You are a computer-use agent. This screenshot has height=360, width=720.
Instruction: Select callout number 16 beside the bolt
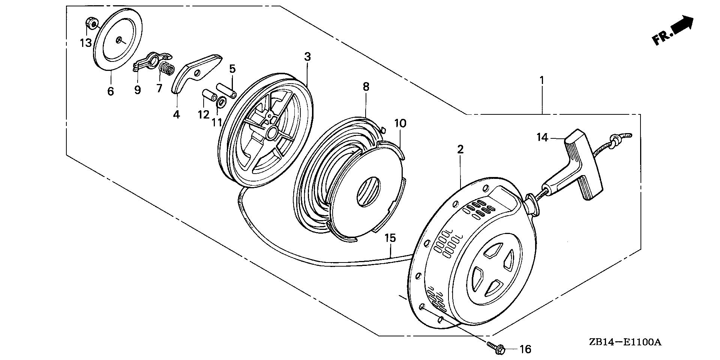point(525,349)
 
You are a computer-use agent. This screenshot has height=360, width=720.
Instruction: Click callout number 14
point(542,138)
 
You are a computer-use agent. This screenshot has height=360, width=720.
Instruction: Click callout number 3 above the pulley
point(307,57)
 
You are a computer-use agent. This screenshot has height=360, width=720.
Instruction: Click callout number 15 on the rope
point(390,238)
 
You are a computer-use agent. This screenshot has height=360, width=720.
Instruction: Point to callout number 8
point(366,87)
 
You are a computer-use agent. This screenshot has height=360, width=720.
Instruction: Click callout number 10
point(400,123)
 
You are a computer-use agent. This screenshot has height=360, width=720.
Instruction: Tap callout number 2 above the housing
point(460,149)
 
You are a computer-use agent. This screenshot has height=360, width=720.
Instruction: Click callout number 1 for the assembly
point(541,80)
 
